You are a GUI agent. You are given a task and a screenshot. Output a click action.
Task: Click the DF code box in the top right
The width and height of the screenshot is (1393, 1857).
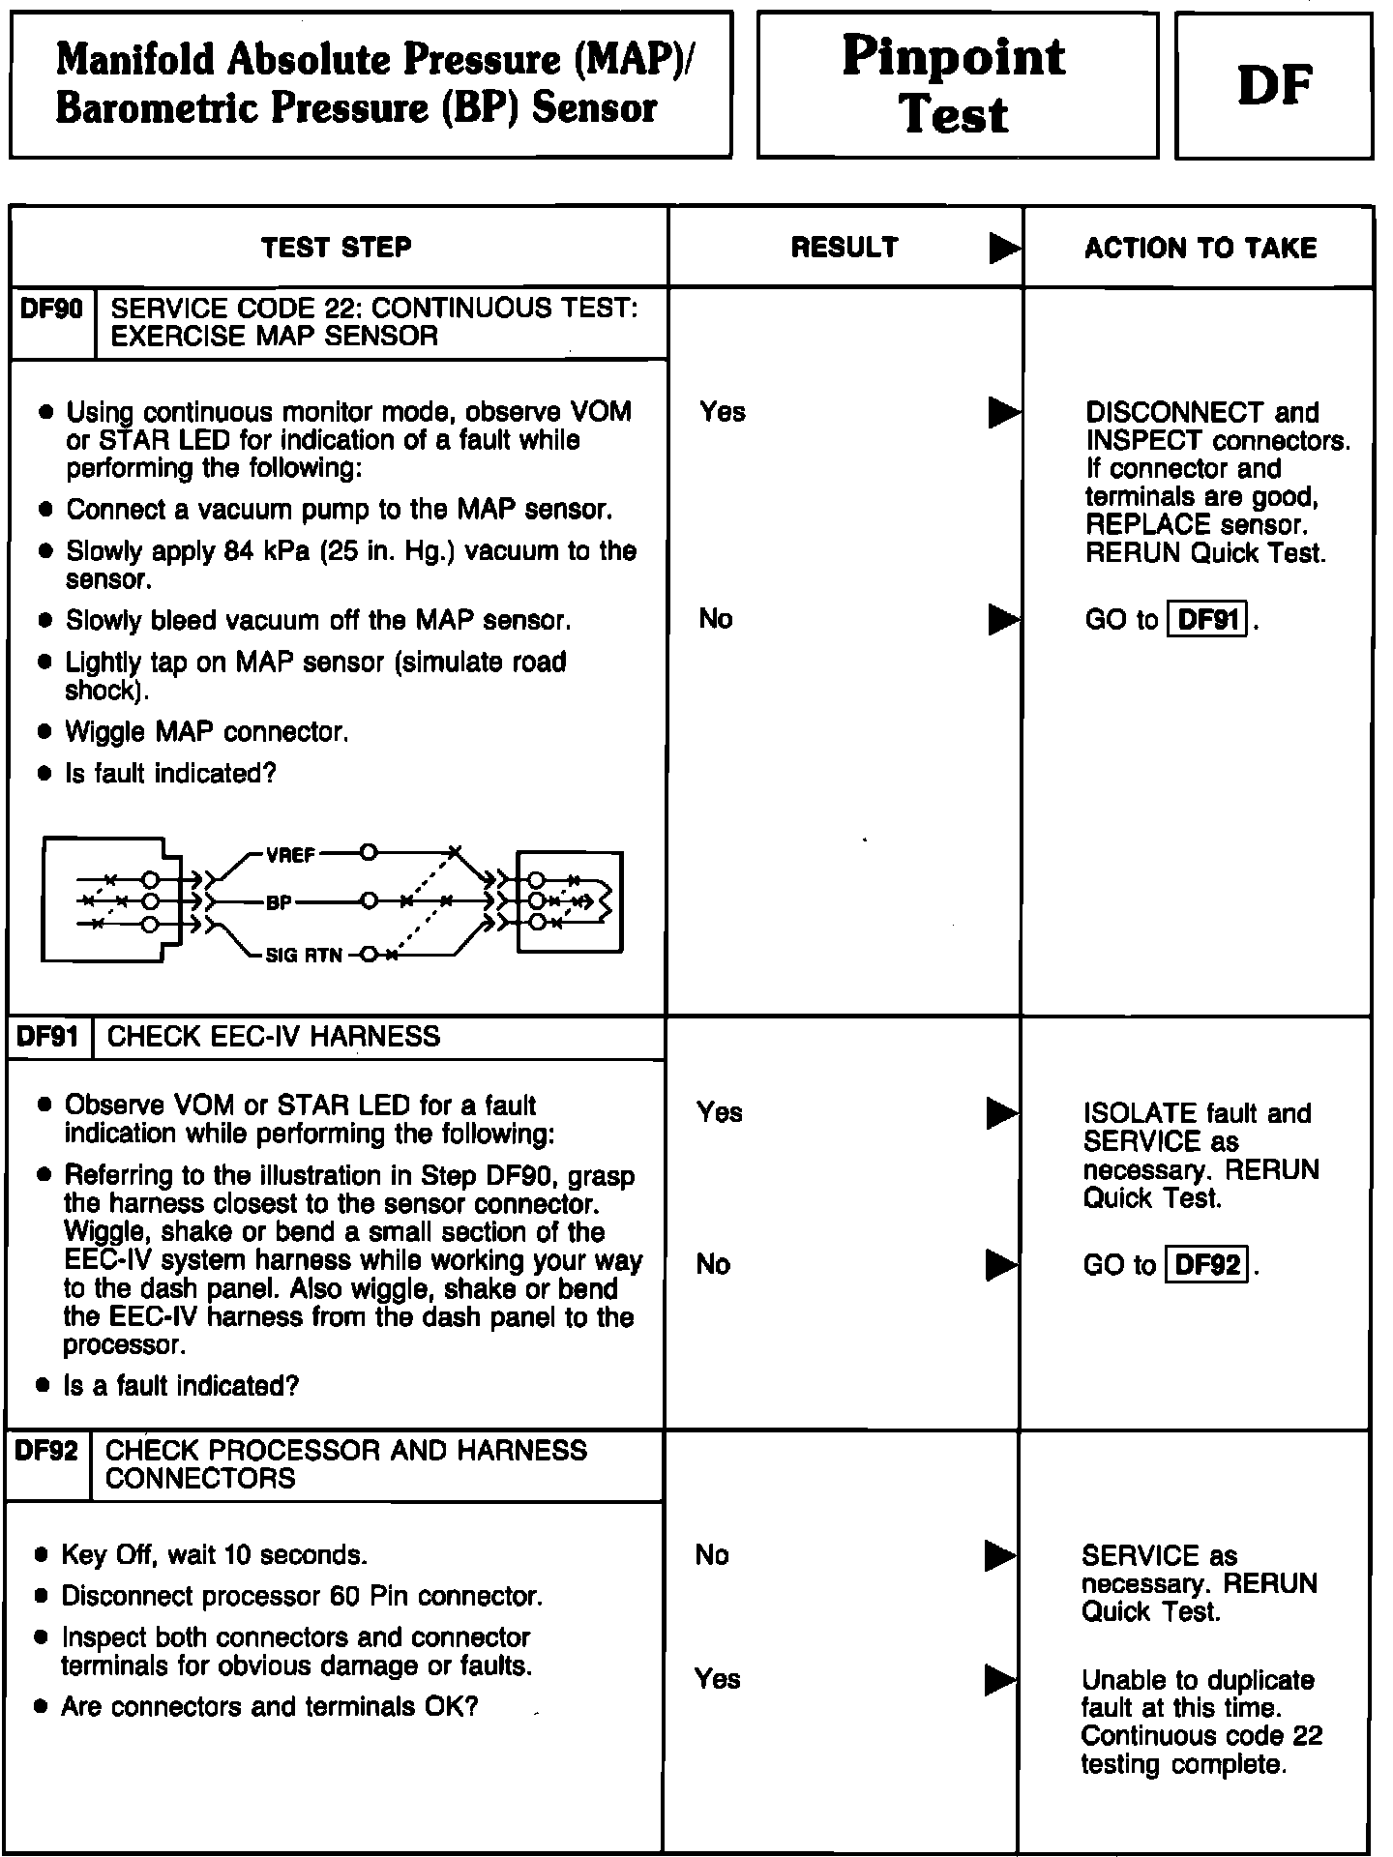1273,85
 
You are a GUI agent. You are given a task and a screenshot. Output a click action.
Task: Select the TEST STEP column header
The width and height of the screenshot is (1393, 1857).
337,248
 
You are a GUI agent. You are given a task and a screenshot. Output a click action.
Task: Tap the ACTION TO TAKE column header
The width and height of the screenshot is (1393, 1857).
1200,249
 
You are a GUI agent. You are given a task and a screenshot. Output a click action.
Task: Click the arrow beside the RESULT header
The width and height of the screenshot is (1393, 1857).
1004,250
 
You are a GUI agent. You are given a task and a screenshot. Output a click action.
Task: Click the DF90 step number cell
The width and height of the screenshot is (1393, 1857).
51,309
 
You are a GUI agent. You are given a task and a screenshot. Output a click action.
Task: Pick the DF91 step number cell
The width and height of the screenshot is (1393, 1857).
48,1037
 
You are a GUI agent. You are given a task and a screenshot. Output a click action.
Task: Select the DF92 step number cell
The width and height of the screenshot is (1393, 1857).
47,1451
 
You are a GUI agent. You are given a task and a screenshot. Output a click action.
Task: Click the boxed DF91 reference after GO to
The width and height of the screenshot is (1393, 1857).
1208,619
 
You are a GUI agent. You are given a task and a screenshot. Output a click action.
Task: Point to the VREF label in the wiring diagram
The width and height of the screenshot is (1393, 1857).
290,855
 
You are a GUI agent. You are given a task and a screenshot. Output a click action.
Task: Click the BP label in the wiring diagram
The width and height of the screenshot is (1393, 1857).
279,903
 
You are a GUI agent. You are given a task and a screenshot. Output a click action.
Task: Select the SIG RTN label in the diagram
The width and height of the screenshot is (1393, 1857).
304,956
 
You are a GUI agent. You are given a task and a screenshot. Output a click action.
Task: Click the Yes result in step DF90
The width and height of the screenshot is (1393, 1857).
723,412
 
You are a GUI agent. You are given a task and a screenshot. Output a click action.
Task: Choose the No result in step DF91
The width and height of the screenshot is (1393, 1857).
713,1264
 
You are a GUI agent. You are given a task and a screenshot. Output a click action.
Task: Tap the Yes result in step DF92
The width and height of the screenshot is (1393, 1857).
718,1678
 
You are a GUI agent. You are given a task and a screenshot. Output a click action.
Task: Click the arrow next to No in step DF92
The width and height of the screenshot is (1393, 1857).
1000,1556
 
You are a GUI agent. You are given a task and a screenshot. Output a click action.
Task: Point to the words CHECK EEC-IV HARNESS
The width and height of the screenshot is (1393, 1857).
274,1037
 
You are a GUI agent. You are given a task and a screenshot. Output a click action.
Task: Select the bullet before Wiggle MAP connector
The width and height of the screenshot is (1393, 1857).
44,733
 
